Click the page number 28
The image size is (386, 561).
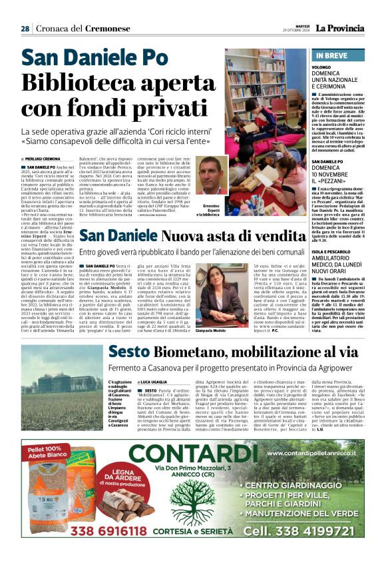(25, 29)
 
